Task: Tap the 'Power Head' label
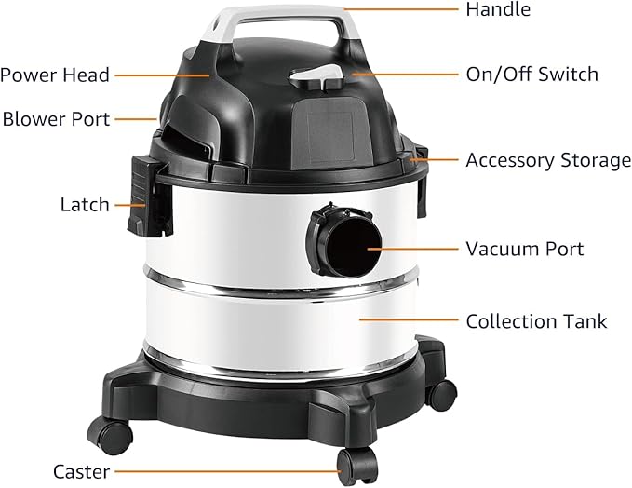pos(54,75)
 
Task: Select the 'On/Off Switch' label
pos(531,75)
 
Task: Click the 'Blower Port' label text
pos(56,119)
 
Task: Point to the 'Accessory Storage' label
pos(547,160)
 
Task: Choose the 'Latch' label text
pos(85,204)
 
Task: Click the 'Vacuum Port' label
pos(524,249)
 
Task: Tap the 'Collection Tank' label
pos(536,321)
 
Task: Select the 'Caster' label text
pos(81,471)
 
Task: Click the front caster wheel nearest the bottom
pos(357,464)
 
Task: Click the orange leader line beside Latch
pos(129,204)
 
